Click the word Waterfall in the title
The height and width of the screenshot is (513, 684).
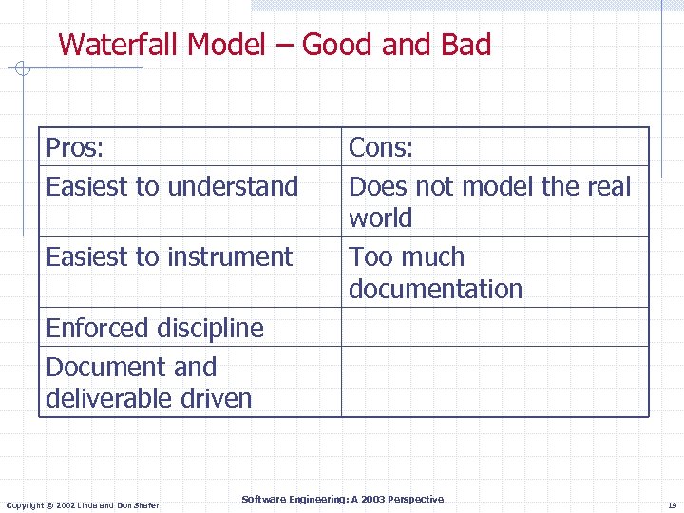(x=119, y=45)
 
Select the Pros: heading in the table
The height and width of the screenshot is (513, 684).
(x=75, y=147)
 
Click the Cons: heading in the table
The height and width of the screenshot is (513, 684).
(x=381, y=147)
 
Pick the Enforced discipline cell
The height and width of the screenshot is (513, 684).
(x=155, y=328)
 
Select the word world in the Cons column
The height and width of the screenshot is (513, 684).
(x=380, y=218)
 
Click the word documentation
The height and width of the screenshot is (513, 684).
(x=435, y=289)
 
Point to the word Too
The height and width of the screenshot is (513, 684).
(x=369, y=256)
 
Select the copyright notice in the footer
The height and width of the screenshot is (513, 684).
(x=83, y=503)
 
